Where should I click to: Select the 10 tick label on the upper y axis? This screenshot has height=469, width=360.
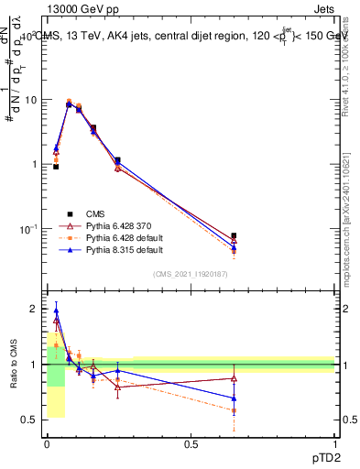[x=31, y=100]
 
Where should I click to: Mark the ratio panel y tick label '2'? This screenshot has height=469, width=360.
[x=35, y=310]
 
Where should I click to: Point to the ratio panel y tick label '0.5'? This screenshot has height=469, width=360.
[x=30, y=420]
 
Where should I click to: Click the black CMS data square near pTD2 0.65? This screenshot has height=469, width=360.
[x=234, y=235]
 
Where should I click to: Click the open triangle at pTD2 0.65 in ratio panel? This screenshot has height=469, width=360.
[x=234, y=378]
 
